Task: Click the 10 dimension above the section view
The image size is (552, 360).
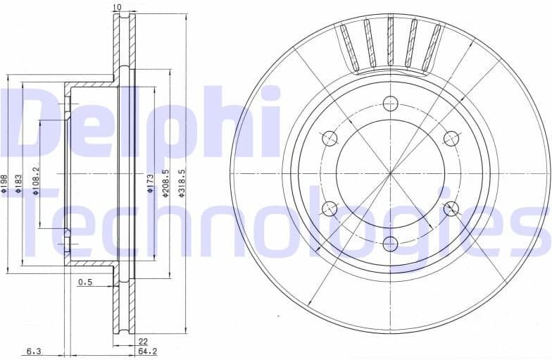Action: tap(117, 7)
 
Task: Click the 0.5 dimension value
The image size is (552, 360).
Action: tap(85, 283)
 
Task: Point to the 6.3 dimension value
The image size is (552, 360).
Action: tap(34, 350)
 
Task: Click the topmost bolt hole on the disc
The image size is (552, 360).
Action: tap(391, 104)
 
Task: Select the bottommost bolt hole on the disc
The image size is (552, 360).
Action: tap(391, 243)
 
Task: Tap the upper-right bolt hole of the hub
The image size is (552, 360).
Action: tap(451, 138)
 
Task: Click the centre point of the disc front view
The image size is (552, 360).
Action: tap(391, 173)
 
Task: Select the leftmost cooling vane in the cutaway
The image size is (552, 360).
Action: tap(346, 46)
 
